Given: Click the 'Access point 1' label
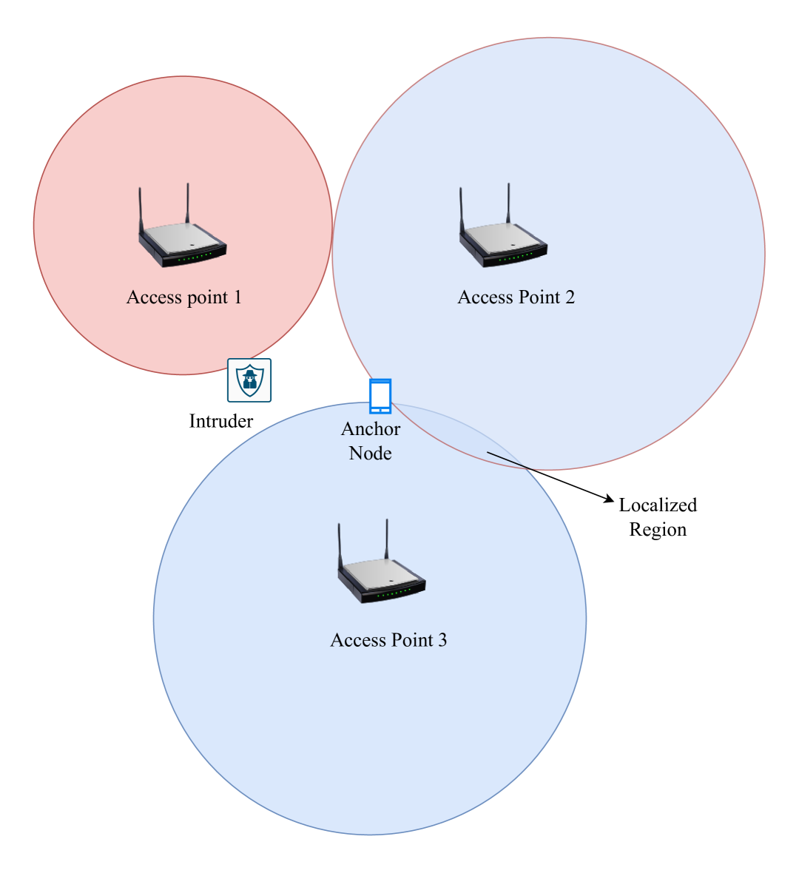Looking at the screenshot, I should tap(183, 297).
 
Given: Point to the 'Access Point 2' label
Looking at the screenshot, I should tap(516, 297).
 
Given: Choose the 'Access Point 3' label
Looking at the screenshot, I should tap(388, 640).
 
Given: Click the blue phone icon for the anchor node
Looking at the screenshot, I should tap(380, 396).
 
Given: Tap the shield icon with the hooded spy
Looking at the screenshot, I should tap(249, 380).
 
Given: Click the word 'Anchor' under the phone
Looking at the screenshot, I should tap(371, 429).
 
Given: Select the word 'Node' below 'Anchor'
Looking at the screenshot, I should tap(370, 454).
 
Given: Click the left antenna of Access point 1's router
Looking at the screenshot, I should tap(140, 211).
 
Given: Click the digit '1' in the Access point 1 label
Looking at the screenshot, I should tap(237, 297).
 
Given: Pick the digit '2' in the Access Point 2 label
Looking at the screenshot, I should tap(570, 297).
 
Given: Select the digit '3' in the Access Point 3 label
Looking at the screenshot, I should tap(442, 640).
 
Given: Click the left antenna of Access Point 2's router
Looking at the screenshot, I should tap(461, 211).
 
